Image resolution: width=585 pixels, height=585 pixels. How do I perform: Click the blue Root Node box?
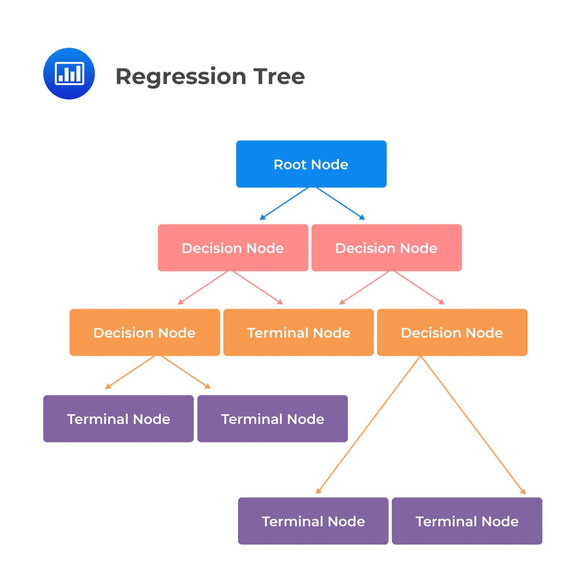[311, 164]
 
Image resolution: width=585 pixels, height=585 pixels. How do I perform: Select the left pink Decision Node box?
[233, 248]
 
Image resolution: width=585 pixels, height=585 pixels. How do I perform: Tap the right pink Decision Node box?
[386, 248]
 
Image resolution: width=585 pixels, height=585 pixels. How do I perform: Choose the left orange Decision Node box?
[144, 333]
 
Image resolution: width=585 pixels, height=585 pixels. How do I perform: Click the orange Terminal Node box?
[298, 333]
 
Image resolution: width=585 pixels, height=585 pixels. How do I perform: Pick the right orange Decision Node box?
[452, 333]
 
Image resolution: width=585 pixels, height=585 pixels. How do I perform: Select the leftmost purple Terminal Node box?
[118, 419]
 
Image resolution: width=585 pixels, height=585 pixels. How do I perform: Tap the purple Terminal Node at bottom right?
[467, 521]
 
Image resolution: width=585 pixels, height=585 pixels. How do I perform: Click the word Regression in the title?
[181, 76]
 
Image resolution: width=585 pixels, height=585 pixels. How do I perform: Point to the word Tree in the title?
[280, 76]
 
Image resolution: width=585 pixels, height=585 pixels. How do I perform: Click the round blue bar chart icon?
[69, 74]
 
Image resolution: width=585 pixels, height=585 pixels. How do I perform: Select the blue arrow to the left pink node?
[284, 204]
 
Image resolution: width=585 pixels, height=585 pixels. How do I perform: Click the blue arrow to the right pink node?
[340, 204]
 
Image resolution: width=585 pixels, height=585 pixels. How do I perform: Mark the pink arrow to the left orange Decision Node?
[203, 288]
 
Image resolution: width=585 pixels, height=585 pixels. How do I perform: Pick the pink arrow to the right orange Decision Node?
[419, 288]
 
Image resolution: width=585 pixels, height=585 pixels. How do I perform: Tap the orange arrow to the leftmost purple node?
[131, 372]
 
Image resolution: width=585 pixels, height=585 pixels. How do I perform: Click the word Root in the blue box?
[290, 164]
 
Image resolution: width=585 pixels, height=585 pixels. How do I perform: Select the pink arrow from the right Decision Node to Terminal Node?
[364, 288]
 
